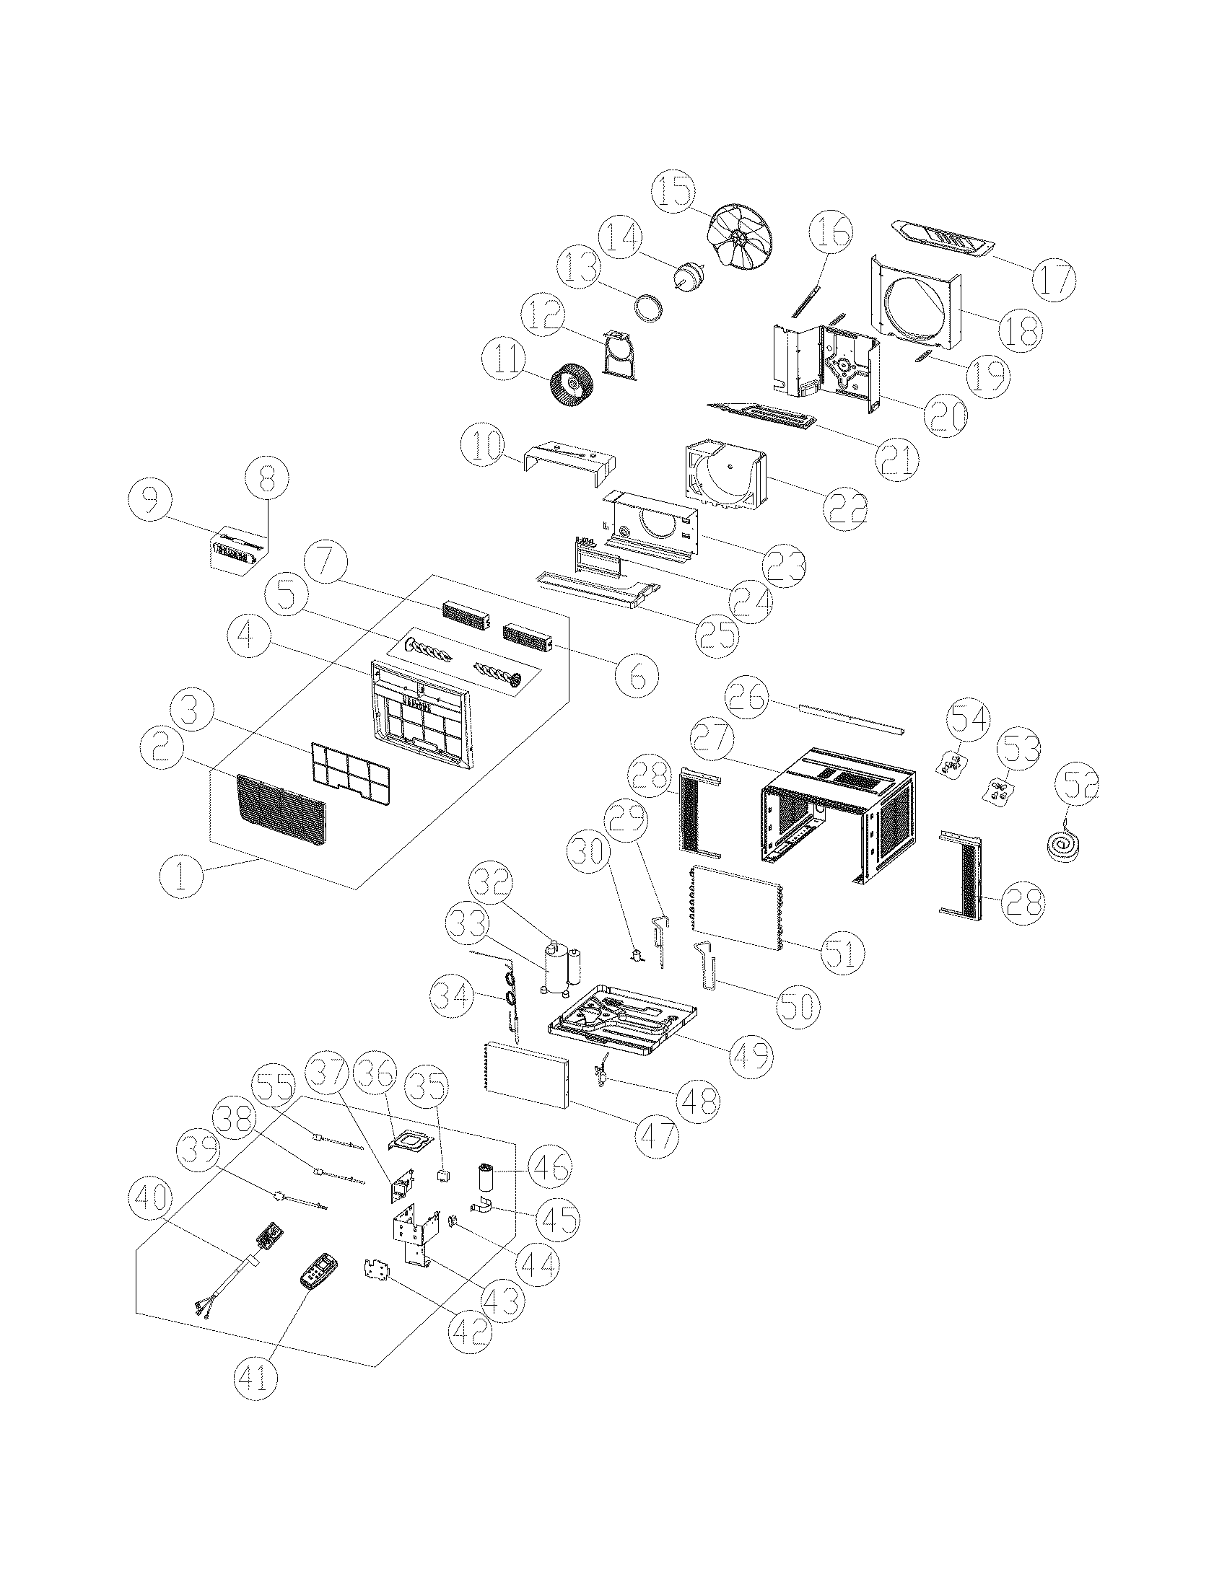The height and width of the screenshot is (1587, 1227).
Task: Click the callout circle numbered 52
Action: tap(1078, 786)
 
